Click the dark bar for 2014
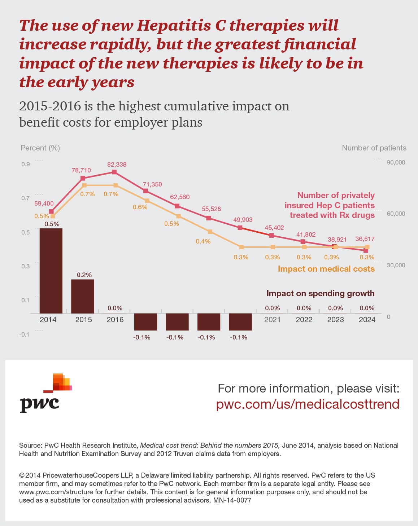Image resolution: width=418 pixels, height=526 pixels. [x=51, y=271]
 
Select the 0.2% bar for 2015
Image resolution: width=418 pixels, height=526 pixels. [x=83, y=296]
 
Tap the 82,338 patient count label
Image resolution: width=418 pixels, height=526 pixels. [x=117, y=165]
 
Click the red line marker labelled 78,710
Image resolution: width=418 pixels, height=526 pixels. [x=83, y=178]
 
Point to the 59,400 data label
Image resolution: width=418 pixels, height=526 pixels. [x=44, y=203]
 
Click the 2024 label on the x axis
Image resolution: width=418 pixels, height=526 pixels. [x=367, y=320]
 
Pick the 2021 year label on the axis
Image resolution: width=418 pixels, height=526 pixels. [x=273, y=320]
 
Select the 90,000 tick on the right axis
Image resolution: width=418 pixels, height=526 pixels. [x=396, y=162]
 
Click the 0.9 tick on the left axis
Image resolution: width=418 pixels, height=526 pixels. [x=26, y=164]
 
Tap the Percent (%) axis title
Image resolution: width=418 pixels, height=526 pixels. [x=40, y=148]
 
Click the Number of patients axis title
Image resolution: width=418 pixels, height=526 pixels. [x=374, y=148]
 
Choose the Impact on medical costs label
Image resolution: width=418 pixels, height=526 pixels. [x=326, y=269]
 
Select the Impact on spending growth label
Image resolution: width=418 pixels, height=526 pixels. [x=321, y=293]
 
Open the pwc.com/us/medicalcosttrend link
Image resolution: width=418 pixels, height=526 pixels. [x=308, y=404]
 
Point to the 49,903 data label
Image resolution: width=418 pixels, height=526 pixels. [x=243, y=220]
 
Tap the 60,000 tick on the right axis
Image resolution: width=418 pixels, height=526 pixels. [x=396, y=214]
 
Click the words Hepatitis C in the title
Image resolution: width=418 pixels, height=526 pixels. [x=182, y=25]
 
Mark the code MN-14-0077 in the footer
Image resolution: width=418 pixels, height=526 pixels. [x=232, y=500]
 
